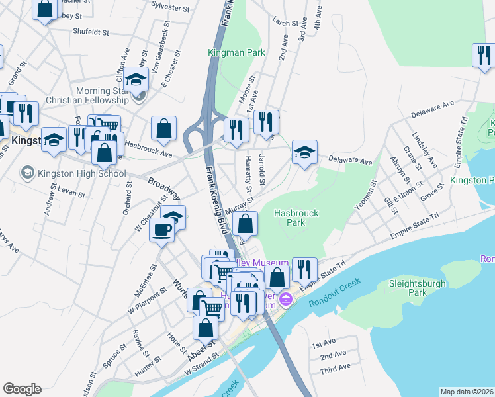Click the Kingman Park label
pos(236,52)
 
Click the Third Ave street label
pos(334,369)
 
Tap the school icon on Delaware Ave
pos(305,152)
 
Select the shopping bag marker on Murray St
pos(245,223)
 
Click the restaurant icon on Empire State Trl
pos(304,269)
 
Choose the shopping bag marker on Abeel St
pos(206,328)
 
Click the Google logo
pos(22,389)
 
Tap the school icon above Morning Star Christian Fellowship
pos(136,79)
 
